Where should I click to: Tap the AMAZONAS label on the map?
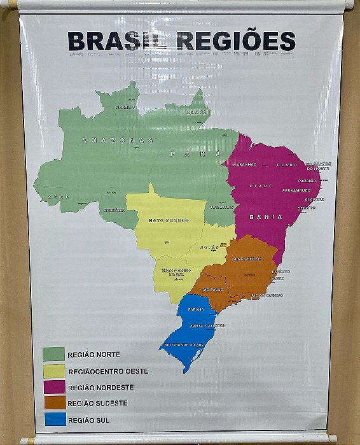coord(118,140)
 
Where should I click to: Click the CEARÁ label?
coord(287,165)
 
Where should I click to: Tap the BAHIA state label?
coord(266,217)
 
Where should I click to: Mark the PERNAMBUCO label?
coord(296,190)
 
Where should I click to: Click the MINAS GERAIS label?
coord(247,260)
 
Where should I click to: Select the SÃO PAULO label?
coord(212,290)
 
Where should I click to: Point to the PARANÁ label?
coord(196,309)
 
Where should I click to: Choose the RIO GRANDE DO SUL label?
coord(184,345)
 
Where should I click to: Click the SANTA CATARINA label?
coord(207,325)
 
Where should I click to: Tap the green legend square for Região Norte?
coord(53,353)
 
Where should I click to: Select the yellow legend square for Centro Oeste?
coord(53,370)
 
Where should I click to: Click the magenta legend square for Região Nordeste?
coord(53,386)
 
